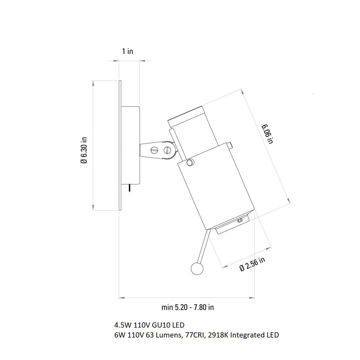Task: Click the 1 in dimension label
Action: coord(127,51)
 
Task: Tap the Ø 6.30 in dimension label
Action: coord(84,150)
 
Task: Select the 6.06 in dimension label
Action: coord(268,134)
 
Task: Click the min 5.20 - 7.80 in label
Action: coord(188,307)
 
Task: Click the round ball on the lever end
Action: coord(197,269)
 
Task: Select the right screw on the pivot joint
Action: coord(168,150)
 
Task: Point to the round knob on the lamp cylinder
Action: coord(190,163)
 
